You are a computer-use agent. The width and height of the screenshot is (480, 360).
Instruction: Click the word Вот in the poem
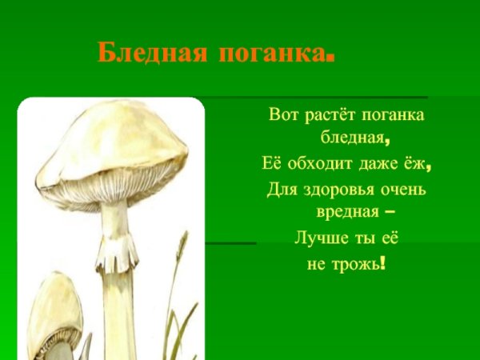click(x=284, y=115)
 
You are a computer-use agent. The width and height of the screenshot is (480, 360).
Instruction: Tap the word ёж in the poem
click(x=414, y=165)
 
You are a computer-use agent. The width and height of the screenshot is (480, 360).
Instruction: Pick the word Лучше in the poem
click(x=318, y=238)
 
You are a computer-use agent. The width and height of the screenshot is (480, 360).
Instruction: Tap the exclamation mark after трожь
click(x=385, y=262)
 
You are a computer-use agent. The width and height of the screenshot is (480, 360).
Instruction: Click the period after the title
click(x=329, y=59)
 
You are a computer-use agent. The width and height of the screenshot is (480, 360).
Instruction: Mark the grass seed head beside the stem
click(x=183, y=243)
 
